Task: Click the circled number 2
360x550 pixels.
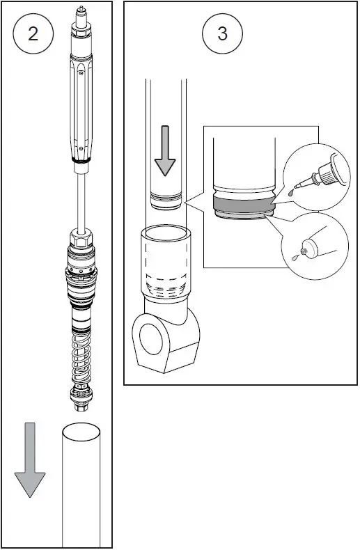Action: pyautogui.click(x=33, y=34)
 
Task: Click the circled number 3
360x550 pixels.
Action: pyautogui.click(x=222, y=34)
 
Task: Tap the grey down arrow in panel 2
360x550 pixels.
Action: pyautogui.click(x=29, y=459)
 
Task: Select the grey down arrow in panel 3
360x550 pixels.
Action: pyautogui.click(x=165, y=150)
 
